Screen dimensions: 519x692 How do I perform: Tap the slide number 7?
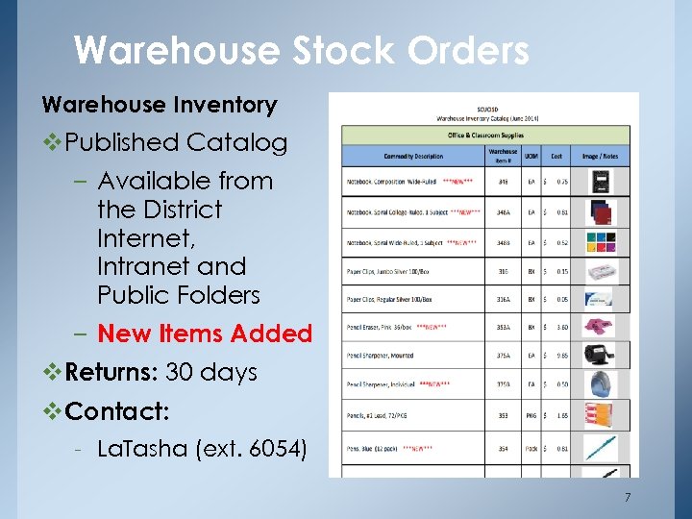coord(628,497)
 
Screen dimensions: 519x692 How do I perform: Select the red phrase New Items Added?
coord(205,334)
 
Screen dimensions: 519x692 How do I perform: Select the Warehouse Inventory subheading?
coord(159,105)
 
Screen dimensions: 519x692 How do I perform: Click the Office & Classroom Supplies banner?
coord(486,135)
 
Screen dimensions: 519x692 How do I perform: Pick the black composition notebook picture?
coord(602,184)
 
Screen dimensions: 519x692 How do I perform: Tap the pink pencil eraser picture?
coord(602,328)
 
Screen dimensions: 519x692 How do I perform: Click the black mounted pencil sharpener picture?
coord(602,355)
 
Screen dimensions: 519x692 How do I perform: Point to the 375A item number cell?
coord(503,356)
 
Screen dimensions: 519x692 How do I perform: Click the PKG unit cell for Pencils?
coord(531,416)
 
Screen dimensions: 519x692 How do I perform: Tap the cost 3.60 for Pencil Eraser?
coord(562,328)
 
